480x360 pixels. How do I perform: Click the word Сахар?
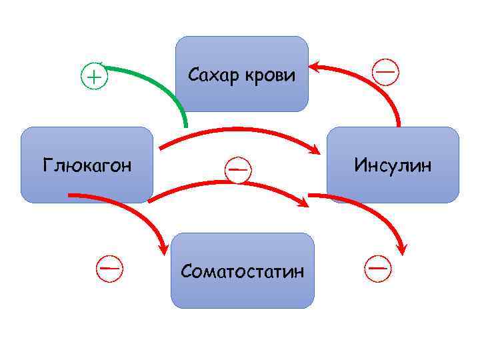click(213, 75)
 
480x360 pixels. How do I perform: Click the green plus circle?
click(94, 77)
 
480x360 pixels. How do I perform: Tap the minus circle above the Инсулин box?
click(386, 71)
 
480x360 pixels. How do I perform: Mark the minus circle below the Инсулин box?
click(378, 267)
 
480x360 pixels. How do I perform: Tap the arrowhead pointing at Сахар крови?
click(315, 67)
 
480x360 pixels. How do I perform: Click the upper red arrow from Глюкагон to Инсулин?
click(233, 131)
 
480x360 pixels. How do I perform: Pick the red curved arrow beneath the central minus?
click(227, 183)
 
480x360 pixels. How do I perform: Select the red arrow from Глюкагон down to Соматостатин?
click(133, 207)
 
